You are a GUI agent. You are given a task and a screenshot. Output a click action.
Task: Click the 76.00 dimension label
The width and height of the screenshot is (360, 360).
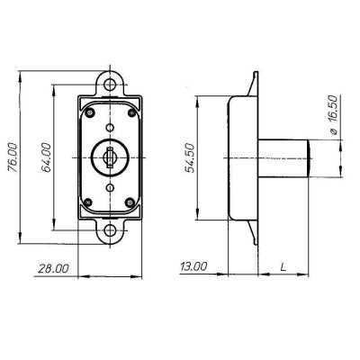[x=13, y=157]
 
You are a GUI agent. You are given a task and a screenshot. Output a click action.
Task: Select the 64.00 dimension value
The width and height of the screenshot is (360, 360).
[x=46, y=157]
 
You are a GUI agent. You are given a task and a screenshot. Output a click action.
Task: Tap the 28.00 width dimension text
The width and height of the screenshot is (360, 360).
[x=53, y=268]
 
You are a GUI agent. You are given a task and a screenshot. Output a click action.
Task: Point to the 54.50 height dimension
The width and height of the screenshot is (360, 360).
[x=190, y=158]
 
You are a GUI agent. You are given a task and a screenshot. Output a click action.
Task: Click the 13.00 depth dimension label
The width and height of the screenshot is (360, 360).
[x=193, y=266]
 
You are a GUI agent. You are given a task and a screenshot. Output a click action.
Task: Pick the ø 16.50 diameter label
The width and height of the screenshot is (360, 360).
[x=333, y=115]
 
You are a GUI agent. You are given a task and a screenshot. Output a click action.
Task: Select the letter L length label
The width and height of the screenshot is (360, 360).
[x=283, y=266]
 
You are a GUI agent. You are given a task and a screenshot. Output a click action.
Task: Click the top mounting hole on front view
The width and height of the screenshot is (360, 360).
[x=110, y=85]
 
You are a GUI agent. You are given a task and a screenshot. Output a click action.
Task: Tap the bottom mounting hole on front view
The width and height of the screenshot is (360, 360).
[x=110, y=230]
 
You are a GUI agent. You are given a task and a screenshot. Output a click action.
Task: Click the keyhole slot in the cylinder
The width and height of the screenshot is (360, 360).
[x=110, y=157]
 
